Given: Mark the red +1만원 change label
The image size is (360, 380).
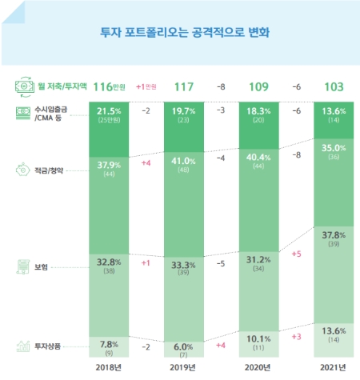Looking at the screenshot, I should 146,85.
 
